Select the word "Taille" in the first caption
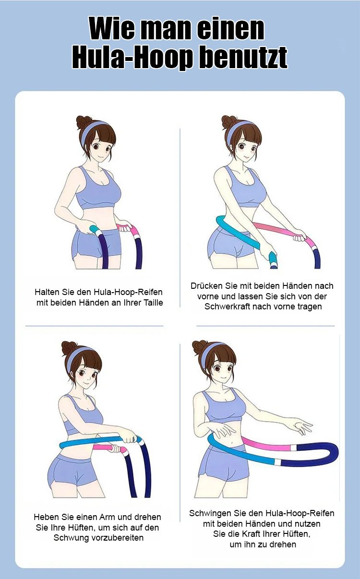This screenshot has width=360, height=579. click(154, 302)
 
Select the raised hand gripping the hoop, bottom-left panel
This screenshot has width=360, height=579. click(129, 437)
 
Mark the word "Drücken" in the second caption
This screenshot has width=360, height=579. click(206, 286)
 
